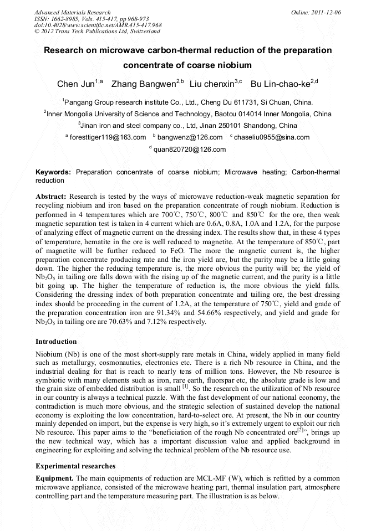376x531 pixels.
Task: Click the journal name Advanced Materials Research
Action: (x=72, y=12)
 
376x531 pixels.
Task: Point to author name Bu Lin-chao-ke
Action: (x=280, y=84)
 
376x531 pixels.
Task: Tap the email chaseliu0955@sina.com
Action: (x=272, y=137)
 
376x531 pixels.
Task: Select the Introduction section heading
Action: (x=56, y=342)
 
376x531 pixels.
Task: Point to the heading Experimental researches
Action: (x=75, y=466)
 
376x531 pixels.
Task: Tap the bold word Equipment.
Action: (x=54, y=478)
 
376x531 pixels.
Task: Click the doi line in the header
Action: (x=98, y=25)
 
